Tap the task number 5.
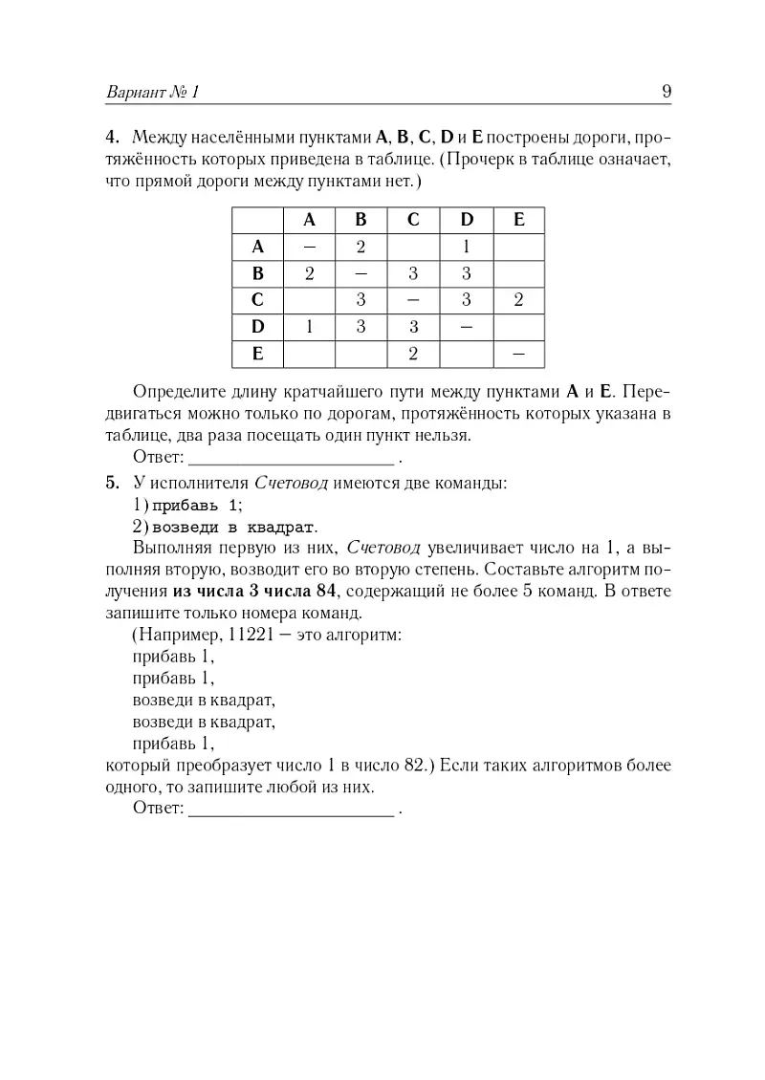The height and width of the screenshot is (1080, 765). pos(111,483)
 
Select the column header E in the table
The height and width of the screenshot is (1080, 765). pos(519,219)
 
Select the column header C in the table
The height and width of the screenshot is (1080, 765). pos(413,219)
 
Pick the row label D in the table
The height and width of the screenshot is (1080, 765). pos(257,327)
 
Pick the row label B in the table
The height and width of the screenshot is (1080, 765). pos(257,273)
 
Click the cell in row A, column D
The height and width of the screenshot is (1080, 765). pos(467,247)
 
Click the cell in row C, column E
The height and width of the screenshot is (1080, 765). pos(519,300)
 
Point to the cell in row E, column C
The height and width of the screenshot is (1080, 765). pos(413,354)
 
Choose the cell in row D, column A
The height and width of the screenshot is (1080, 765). pos(309,327)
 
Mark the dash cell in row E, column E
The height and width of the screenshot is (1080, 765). pos(519,354)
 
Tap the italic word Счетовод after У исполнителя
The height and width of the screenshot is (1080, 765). pos(291,484)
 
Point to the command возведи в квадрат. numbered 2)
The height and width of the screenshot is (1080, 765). pos(231,527)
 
